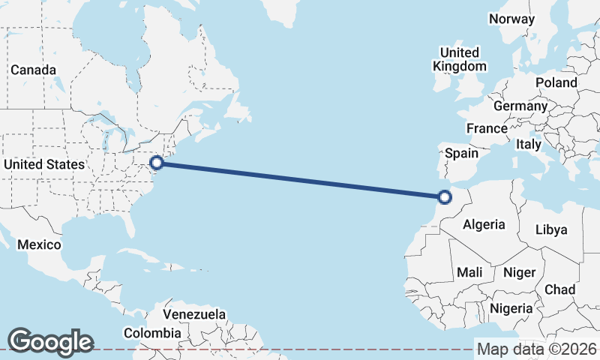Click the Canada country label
(33, 70)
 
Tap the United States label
(44, 164)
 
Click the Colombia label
(152, 332)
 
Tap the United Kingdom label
(460, 59)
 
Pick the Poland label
(556, 82)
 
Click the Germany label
(520, 106)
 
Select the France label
(487, 128)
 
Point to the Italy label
(529, 144)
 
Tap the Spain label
(461, 153)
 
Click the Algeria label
(484, 224)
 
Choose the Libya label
(551, 229)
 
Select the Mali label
(469, 272)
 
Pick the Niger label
(519, 272)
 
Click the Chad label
(560, 289)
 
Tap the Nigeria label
(511, 308)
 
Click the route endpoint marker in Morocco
(445, 198)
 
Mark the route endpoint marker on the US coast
(157, 162)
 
